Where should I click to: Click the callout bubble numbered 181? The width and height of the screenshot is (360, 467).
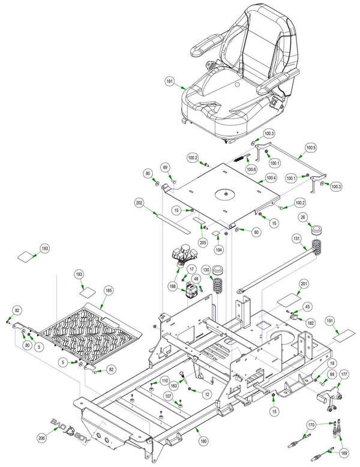pyautogui.click(x=170, y=81)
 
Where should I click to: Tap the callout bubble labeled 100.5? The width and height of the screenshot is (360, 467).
pyautogui.click(x=311, y=148)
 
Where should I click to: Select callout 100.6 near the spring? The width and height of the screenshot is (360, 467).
pyautogui.click(x=251, y=169)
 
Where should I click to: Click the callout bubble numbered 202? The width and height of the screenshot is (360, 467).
pyautogui.click(x=139, y=203)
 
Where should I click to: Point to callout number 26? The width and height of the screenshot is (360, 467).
pyautogui.click(x=303, y=217)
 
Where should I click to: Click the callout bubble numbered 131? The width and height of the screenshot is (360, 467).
pyautogui.click(x=296, y=238)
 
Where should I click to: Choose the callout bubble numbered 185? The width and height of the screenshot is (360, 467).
pyautogui.click(x=109, y=290)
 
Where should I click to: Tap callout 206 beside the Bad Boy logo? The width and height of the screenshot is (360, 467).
pyautogui.click(x=42, y=438)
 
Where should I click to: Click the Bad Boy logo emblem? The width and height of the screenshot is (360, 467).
pyautogui.click(x=70, y=431)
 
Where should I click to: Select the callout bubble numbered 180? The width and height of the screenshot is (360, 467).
pyautogui.click(x=203, y=441)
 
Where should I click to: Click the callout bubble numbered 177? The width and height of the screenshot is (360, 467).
pyautogui.click(x=344, y=375)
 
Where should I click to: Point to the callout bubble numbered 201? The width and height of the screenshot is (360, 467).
pyautogui.click(x=304, y=284)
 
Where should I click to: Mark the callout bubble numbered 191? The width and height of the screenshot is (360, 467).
pyautogui.click(x=330, y=321)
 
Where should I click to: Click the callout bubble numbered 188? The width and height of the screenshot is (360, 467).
pyautogui.click(x=173, y=286)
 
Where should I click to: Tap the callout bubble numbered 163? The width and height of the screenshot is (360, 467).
pyautogui.click(x=174, y=385)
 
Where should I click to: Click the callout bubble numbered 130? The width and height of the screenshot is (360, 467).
pyautogui.click(x=206, y=270)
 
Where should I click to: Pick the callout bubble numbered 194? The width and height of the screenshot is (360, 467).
pyautogui.click(x=219, y=250)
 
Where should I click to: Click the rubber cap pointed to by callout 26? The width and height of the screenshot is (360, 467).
pyautogui.click(x=316, y=230)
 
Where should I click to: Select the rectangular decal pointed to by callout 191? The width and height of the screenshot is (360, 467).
pyautogui.click(x=344, y=336)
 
